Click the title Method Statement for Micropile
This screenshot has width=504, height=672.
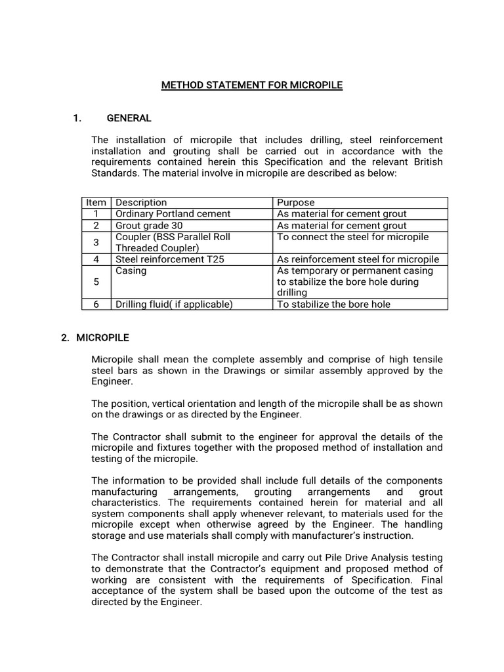[252, 85]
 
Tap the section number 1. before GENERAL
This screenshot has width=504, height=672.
[77, 118]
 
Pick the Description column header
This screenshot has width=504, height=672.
[141, 203]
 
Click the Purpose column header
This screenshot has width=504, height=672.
[296, 203]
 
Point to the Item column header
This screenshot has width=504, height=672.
[96, 203]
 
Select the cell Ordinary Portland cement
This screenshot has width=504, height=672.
[173, 214]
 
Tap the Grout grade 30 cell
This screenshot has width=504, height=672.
[149, 225]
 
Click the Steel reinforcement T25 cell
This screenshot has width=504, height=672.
[169, 259]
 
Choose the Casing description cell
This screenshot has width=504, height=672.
[131, 270]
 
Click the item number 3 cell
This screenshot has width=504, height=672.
[96, 242]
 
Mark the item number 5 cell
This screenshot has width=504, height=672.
[96, 282]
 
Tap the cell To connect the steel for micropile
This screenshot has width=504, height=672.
[352, 236]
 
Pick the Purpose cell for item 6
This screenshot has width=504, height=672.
[333, 304]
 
